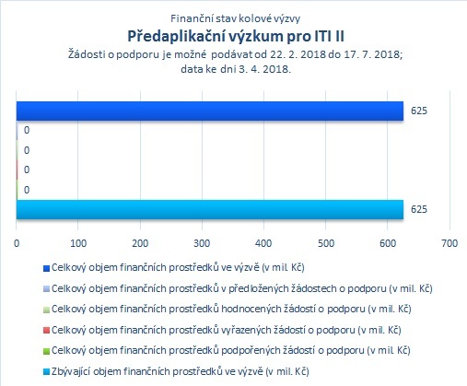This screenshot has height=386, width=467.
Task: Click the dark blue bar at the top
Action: (210, 111)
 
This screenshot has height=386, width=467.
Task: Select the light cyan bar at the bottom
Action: (210, 209)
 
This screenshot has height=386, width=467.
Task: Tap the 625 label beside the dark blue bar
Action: (419, 111)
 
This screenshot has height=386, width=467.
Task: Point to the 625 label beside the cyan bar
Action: (419, 209)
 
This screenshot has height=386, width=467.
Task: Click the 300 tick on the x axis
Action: (202, 243)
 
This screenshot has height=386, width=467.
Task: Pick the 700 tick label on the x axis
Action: (449, 243)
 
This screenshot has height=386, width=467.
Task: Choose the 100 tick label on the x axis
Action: (78, 243)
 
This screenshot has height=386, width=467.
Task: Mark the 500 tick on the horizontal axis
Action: (326, 243)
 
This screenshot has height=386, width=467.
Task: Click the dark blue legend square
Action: (46, 269)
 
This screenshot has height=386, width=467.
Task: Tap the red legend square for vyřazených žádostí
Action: (46, 331)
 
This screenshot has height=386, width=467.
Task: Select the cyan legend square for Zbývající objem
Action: (46, 372)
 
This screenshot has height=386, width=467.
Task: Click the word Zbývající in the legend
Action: (71, 371)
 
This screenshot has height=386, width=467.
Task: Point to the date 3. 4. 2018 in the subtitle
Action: (264, 69)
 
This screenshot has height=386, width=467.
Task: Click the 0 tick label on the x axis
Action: (17, 243)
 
